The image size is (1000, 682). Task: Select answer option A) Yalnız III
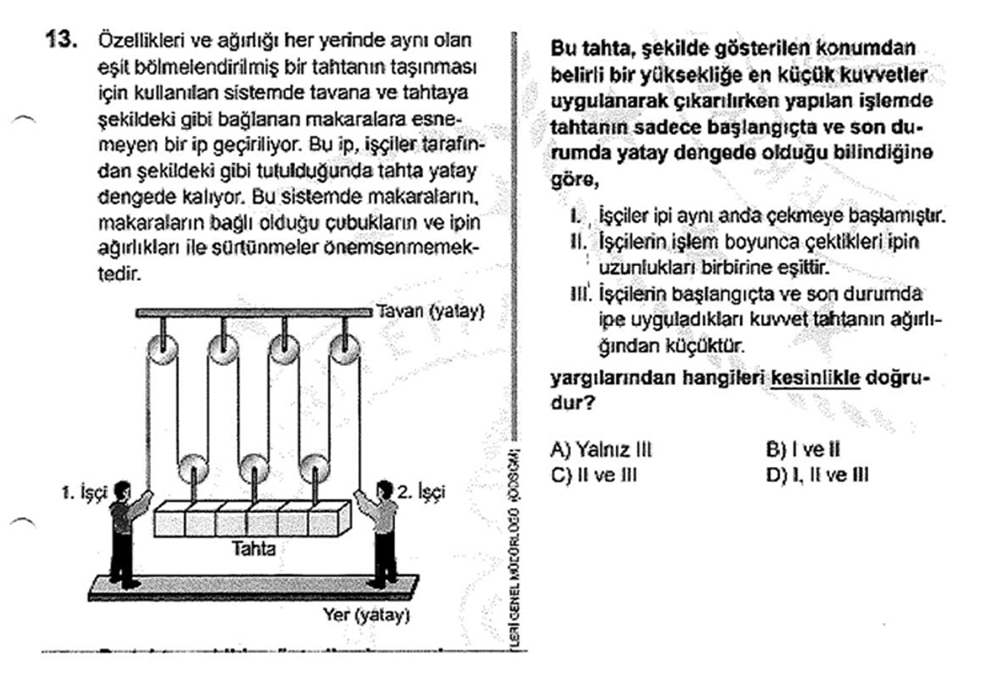pyautogui.click(x=600, y=450)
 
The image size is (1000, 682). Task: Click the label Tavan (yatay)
pyautogui.click(x=429, y=312)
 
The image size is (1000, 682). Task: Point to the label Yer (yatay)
pyautogui.click(x=366, y=616)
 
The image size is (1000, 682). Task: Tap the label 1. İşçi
pyautogui.click(x=85, y=493)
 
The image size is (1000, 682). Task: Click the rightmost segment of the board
pyautogui.click(x=324, y=519)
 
